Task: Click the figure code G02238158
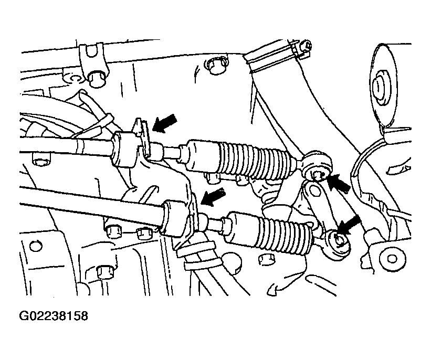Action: pos(54,316)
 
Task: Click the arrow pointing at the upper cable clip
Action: pos(165,124)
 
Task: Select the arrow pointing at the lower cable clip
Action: pos(213,197)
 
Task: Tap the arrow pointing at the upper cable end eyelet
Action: pos(339,183)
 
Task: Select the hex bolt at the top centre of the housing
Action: pos(216,66)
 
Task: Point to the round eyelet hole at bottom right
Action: pos(392,259)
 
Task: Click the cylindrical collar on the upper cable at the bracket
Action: pos(125,149)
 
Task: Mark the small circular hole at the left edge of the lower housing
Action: pos(36,246)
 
